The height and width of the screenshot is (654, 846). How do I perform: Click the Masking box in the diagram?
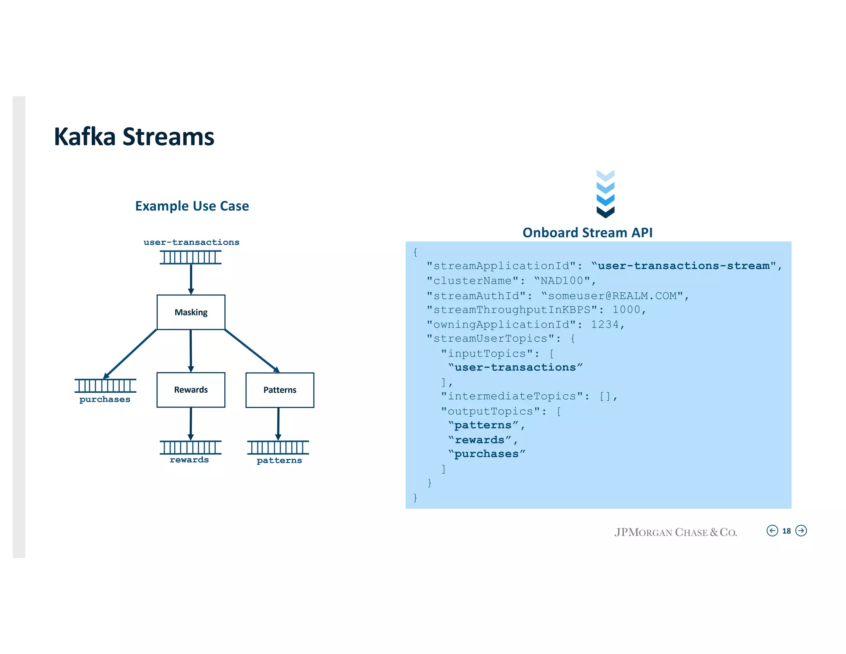[191, 312]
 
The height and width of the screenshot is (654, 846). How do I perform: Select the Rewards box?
[191, 390]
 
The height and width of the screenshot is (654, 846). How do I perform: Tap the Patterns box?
[280, 390]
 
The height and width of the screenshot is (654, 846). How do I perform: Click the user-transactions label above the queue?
[191, 242]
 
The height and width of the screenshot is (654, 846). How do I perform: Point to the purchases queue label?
[105, 399]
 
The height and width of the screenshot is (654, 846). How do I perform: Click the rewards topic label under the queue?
[189, 460]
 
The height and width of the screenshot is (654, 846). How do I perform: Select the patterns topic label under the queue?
[279, 461]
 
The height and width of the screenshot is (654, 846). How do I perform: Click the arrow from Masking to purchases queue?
[130, 353]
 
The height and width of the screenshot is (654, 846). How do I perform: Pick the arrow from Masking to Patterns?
[252, 351]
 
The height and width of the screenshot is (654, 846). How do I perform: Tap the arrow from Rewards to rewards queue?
[190, 424]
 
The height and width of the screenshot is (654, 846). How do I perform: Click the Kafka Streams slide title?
[134, 136]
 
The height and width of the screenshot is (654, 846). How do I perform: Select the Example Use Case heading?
[192, 206]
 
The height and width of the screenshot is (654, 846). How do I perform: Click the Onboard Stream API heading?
[587, 233]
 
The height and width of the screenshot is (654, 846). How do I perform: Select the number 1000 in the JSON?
[626, 310]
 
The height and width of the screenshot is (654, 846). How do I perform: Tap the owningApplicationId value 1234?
[605, 325]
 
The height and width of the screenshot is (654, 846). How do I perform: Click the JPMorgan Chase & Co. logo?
[675, 532]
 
